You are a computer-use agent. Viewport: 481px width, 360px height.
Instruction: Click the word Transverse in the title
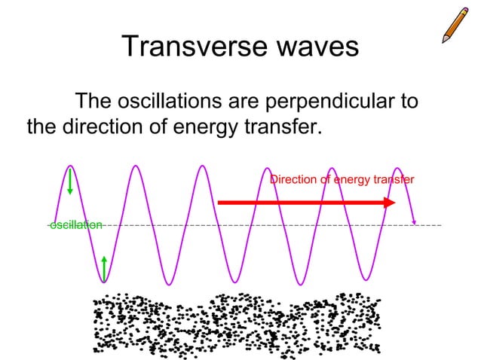point(179,47)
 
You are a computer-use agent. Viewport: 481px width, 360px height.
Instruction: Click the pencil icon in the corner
point(455,26)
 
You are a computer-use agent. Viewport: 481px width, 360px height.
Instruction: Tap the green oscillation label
point(75,224)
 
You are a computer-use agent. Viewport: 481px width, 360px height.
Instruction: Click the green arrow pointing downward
point(70,182)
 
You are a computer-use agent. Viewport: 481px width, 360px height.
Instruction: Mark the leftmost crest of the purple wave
point(70,166)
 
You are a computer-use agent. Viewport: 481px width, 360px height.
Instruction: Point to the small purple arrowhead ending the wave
point(415,221)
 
